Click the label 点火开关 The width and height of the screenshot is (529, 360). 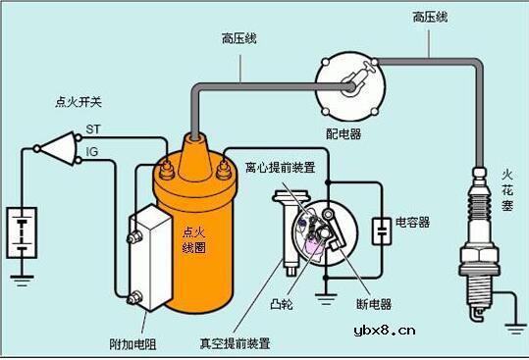click(x=74, y=101)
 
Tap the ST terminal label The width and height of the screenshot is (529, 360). click(x=93, y=129)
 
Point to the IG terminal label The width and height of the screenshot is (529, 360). click(x=92, y=151)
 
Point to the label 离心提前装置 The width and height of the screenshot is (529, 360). click(x=280, y=168)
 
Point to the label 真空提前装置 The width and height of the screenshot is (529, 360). click(x=236, y=343)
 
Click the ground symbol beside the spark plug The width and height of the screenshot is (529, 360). click(x=513, y=327)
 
